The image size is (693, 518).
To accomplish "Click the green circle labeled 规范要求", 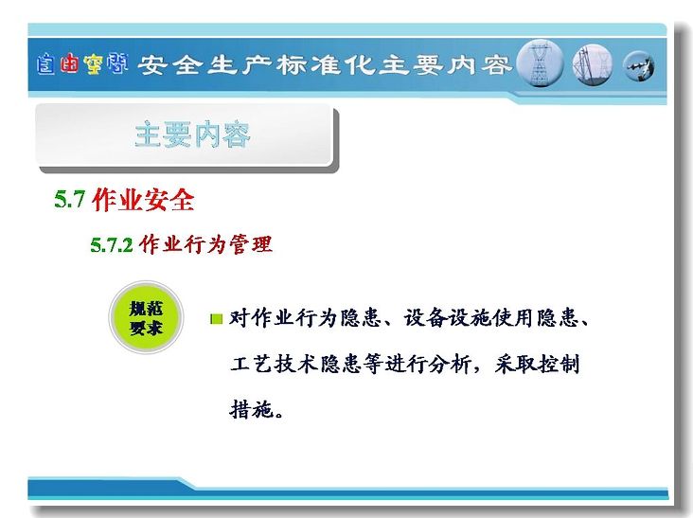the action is coord(146,317).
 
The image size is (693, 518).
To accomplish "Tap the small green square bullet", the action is coord(217,318).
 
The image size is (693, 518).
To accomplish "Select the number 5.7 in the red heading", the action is coord(69,199).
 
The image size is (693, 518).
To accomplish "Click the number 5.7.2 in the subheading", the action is coord(112,244).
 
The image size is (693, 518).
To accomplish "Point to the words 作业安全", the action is coord(143,199).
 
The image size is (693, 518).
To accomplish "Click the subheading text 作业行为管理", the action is coord(205,244).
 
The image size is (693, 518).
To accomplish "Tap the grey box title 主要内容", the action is coord(193,134).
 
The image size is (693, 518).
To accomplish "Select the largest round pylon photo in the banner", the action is coord(540,63).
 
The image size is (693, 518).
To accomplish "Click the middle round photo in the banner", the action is coord(593,64).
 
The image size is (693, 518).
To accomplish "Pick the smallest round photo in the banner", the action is coord(638,66).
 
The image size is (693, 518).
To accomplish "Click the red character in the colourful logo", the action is coord(69,63).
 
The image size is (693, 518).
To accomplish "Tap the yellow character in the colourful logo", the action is coord(93,64).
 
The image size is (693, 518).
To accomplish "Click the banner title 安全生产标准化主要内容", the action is coord(324,65).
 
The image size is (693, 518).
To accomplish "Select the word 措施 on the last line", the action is coord(251,409).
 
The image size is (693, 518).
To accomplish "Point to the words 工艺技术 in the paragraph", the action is coord(274,365).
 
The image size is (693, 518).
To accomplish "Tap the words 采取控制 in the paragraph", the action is coord(537,365).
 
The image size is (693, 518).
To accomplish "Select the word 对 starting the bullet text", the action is coord(240,318).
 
